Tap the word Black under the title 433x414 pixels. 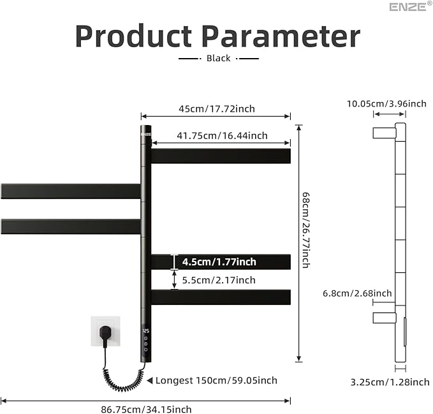[219, 58]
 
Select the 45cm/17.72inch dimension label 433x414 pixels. [216, 108]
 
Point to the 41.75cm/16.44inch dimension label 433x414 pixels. [222, 135]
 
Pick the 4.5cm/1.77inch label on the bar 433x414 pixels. [219, 262]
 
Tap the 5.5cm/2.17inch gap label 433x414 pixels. [218, 280]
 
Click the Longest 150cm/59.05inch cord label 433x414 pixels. [216, 380]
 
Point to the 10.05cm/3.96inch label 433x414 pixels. [386, 103]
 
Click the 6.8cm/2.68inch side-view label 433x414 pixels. [357, 293]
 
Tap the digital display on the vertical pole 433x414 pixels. [146, 331]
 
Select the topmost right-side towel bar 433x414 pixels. [221, 156]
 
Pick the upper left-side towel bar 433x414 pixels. [70, 191]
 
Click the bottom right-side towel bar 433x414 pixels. [221, 297]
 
